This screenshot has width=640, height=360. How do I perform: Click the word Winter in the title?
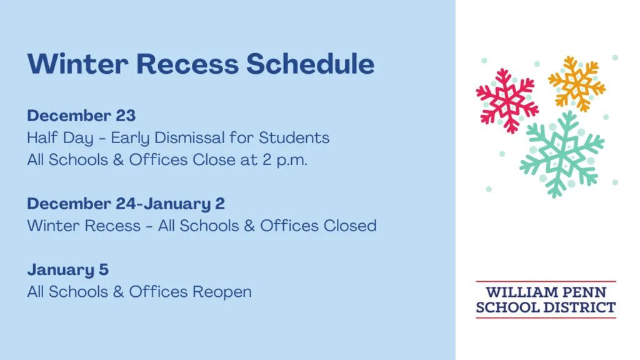[x=77, y=64]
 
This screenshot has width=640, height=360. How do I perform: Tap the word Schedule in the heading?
[x=310, y=64]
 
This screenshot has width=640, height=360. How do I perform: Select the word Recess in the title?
[x=187, y=64]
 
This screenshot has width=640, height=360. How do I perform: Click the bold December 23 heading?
[x=81, y=116]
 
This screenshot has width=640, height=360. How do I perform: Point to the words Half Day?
[x=60, y=138]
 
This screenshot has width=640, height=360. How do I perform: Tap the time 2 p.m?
[x=285, y=160]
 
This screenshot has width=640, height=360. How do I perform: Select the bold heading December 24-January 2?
[x=126, y=204]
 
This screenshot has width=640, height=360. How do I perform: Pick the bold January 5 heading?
[x=67, y=270]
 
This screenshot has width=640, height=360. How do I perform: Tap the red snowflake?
[x=507, y=101]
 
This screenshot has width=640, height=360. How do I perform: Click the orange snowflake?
[x=577, y=84]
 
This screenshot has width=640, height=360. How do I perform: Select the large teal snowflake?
[x=561, y=154]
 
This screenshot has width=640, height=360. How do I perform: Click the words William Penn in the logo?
[x=546, y=292]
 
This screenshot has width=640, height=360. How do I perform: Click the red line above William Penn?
[x=546, y=281]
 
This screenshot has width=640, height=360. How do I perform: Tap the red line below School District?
[x=546, y=317]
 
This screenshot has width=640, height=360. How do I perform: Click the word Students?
[x=294, y=137]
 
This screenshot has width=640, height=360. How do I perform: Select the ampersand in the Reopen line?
[x=118, y=292]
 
